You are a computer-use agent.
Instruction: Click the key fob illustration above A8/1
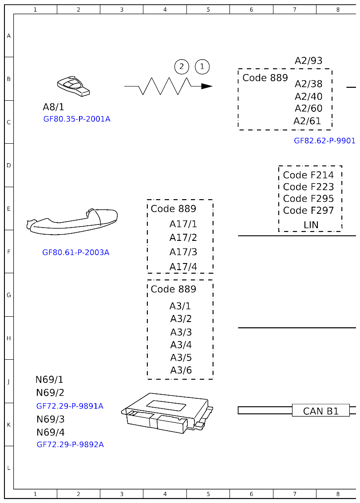coord(73,86)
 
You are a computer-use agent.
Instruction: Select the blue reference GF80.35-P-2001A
coord(77,119)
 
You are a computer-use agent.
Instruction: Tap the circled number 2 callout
coord(182,67)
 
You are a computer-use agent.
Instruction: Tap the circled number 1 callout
coord(202,67)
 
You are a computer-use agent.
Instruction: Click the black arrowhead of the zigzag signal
coord(206,86)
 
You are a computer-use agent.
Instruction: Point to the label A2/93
coord(309,61)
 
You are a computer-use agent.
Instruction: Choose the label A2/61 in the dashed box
coord(307,121)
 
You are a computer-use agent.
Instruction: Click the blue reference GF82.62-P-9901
coord(324,141)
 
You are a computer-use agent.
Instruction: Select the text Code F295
coord(308,198)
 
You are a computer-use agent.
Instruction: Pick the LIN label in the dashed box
coord(311,225)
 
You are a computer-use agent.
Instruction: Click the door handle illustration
coord(72,220)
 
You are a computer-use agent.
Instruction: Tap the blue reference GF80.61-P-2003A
coord(75,252)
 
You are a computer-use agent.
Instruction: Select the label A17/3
coord(183,252)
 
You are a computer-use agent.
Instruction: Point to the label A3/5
coord(181,358)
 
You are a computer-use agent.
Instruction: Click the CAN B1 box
coord(320,411)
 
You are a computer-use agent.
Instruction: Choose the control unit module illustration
coord(167,413)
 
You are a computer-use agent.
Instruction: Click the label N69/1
coord(49,380)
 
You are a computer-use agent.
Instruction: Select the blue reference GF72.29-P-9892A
coord(70,444)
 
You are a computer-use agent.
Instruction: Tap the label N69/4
coord(50,432)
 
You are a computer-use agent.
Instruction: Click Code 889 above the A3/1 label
coord(173,289)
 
